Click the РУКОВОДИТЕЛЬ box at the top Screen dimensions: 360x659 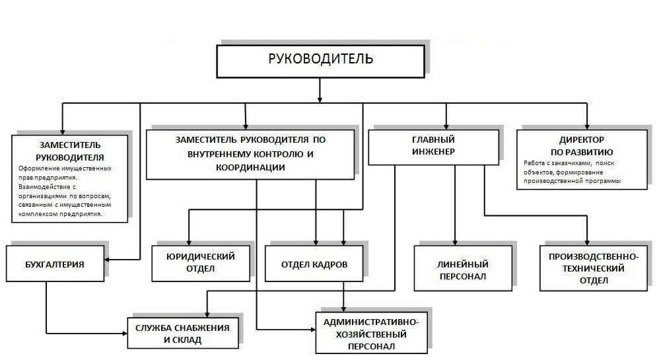click(320, 59)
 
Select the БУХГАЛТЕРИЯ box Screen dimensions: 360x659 click(55, 264)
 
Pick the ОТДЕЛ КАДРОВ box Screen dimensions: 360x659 click(314, 264)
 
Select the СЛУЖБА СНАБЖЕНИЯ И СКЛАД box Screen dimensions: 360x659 click(182, 334)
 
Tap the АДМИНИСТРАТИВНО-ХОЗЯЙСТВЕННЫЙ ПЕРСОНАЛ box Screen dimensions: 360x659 click(370, 334)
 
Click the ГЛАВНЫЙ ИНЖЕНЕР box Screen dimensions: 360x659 click(433, 146)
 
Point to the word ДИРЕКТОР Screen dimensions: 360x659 click(582, 140)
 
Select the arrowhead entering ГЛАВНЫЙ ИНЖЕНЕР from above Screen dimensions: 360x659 click(446, 126)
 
